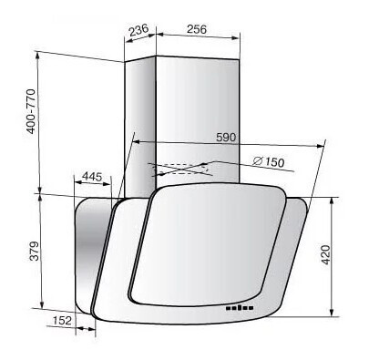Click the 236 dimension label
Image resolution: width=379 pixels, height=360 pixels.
pos(138,30)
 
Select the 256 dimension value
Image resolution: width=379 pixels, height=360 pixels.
pos(197,29)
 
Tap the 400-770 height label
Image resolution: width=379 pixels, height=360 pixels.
pos(31,111)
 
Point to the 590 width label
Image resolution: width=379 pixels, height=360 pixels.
pos(226,137)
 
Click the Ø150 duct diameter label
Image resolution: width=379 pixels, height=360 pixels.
pos(269,161)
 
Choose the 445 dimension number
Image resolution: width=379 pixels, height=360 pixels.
pos(92,177)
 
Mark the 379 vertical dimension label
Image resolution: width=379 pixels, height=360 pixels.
pos(35,251)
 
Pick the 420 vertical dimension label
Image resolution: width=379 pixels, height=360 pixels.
pos(325,254)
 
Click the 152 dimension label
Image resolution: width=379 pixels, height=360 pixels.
pos(62,320)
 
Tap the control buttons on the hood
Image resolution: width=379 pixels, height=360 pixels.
pos(240,308)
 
